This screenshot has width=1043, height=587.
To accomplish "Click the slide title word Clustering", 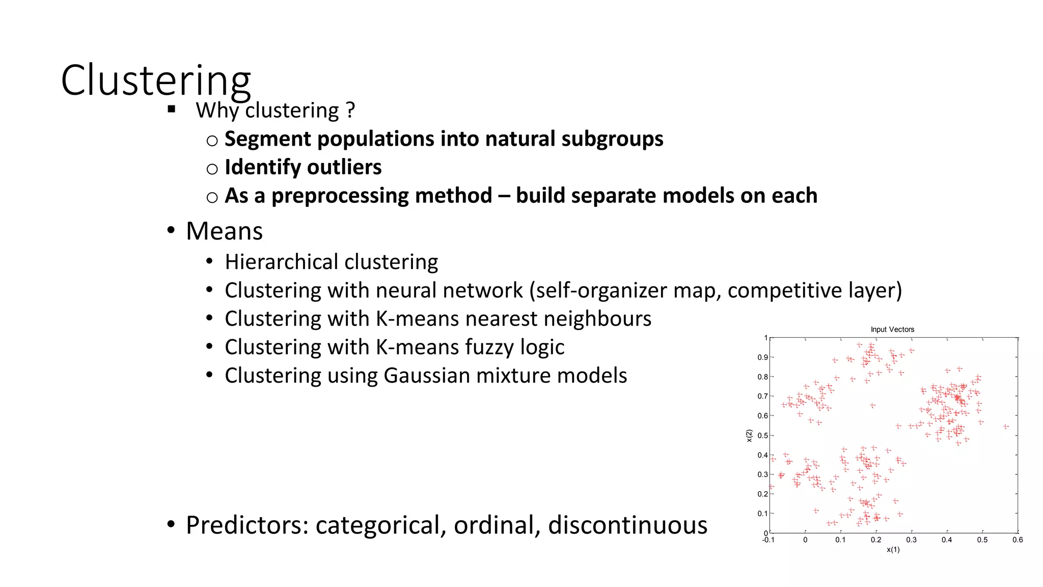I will [x=156, y=81].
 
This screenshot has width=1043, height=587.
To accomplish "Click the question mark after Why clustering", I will [x=350, y=110].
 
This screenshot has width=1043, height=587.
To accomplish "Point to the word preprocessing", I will [x=382, y=196].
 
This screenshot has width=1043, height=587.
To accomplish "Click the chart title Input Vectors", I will [x=892, y=330].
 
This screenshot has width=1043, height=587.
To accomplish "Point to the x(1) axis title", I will [x=893, y=550].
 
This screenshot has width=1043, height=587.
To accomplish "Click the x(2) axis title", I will [x=749, y=436].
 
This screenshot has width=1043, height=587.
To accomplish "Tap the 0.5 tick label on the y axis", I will [x=762, y=436].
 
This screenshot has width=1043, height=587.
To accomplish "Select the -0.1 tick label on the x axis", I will [x=768, y=540].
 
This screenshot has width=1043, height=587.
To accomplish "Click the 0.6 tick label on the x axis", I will [x=1017, y=540].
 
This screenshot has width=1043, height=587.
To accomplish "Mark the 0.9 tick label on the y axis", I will [x=762, y=358].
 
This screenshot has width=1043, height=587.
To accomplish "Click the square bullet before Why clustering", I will [x=172, y=109].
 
